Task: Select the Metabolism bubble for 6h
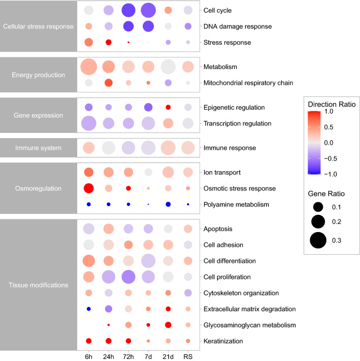pyautogui.click(x=88, y=67)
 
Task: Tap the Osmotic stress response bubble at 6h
pyautogui.click(x=88, y=188)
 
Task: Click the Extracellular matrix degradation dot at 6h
pyautogui.click(x=88, y=309)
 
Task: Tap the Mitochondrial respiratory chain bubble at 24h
pyautogui.click(x=108, y=82)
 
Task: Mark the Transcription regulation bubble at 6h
pyautogui.click(x=88, y=123)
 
